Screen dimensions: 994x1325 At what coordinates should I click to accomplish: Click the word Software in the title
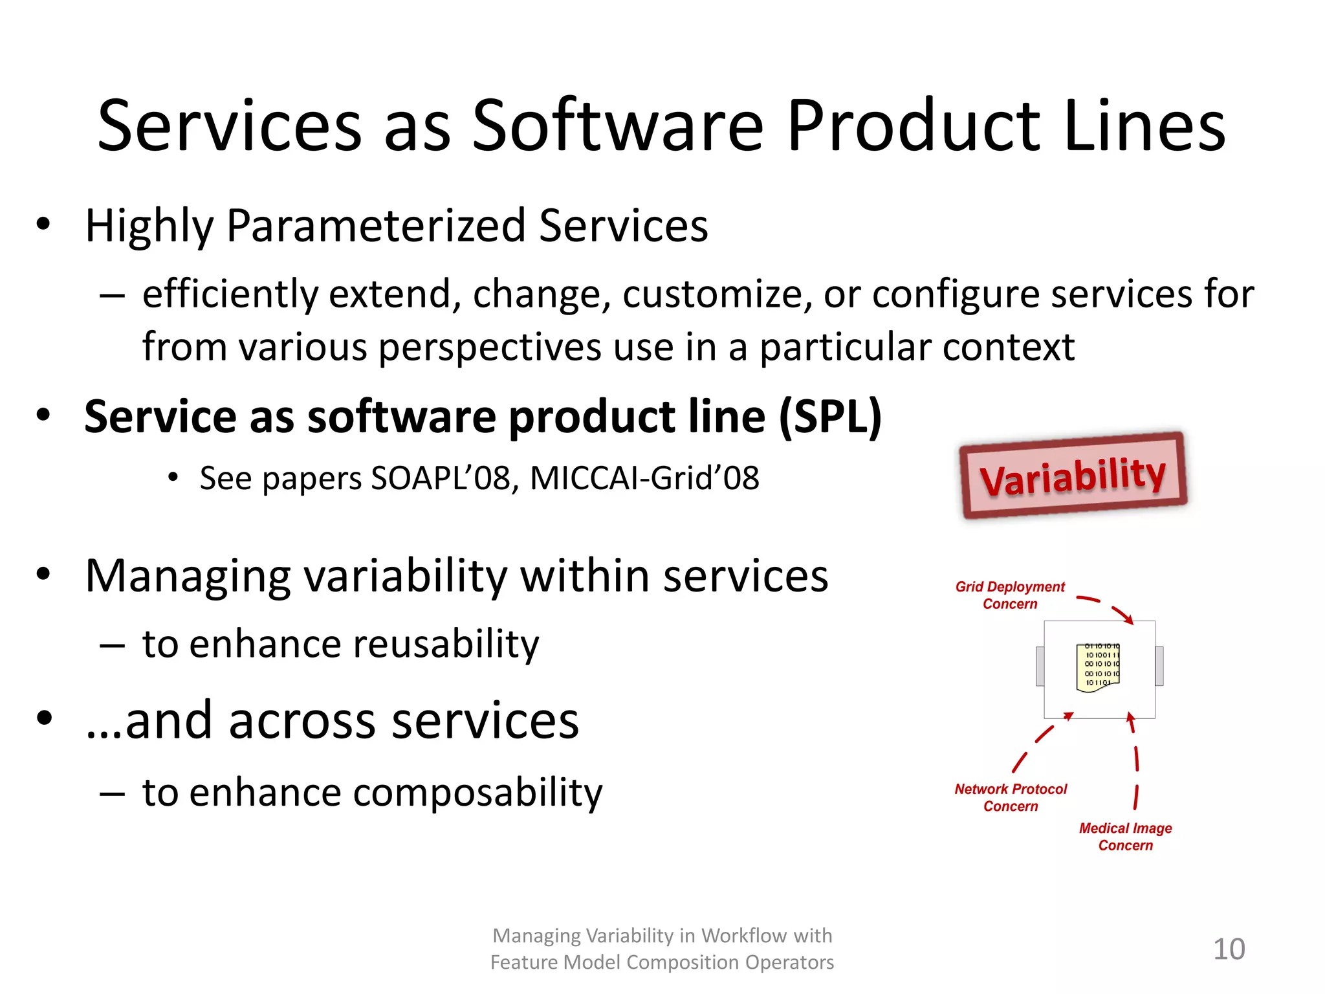pyautogui.click(x=618, y=126)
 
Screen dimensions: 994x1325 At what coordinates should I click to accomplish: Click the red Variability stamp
pyautogui.click(x=1073, y=476)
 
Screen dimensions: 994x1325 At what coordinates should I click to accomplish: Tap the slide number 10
pyautogui.click(x=1229, y=949)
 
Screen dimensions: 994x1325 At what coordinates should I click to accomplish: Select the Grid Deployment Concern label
pyautogui.click(x=1009, y=595)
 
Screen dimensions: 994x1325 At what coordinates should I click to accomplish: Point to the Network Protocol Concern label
pyautogui.click(x=1011, y=797)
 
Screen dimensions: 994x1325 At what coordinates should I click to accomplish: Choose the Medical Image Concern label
pyautogui.click(x=1125, y=837)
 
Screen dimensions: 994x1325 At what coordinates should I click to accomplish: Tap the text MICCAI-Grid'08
pyautogui.click(x=644, y=478)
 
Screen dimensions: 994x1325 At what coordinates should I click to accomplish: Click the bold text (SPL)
pyautogui.click(x=830, y=417)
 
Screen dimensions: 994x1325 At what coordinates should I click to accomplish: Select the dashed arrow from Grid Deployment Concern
pyautogui.click(x=1108, y=607)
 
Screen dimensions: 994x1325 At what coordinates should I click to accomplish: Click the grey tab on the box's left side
pyautogui.click(x=1040, y=666)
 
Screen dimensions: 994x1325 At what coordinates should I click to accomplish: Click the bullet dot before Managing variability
pyautogui.click(x=43, y=574)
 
